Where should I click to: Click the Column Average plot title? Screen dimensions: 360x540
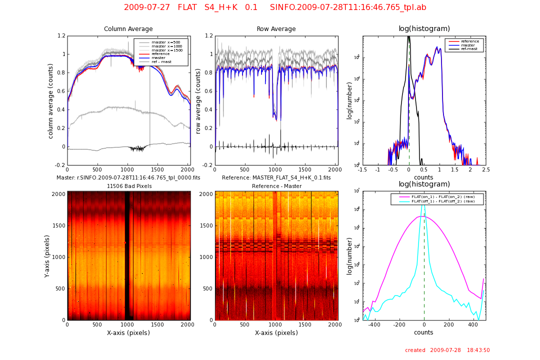coord(128,29)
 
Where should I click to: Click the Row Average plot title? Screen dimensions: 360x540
coord(276,29)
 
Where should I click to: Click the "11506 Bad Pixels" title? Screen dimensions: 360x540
coord(128,186)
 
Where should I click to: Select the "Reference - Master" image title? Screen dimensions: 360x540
coord(276,186)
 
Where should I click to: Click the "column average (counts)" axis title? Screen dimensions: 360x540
coord(50,100)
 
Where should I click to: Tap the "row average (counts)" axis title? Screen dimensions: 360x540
coord(198,100)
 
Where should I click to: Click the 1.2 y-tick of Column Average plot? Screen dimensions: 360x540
coord(61,36)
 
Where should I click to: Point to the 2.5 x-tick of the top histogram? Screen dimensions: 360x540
coord(485,169)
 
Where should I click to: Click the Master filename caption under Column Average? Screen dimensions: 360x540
coord(128,177)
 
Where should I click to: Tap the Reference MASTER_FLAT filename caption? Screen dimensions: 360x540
coord(276,177)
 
